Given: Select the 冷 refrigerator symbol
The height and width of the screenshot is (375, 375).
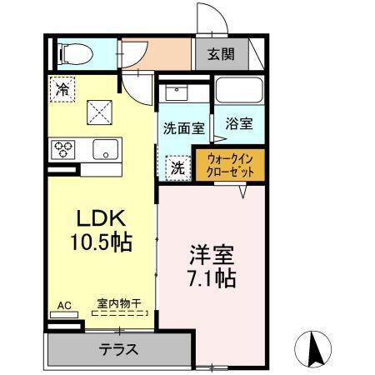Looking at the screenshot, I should point(62,89).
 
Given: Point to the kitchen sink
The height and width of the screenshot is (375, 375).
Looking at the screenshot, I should point(106,150).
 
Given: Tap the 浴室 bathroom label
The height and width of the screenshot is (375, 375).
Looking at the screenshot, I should point(239,122).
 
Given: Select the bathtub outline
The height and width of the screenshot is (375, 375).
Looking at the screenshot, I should point(239,92).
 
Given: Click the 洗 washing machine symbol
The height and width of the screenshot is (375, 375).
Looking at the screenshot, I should point(177,166).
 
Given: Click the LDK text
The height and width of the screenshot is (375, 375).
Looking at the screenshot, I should point(101,219).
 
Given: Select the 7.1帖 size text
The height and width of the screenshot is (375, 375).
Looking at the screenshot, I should point(211,277).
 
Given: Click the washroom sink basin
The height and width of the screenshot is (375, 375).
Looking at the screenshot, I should point(177,92).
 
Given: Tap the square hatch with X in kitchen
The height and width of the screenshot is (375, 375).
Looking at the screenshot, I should point(101,108).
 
